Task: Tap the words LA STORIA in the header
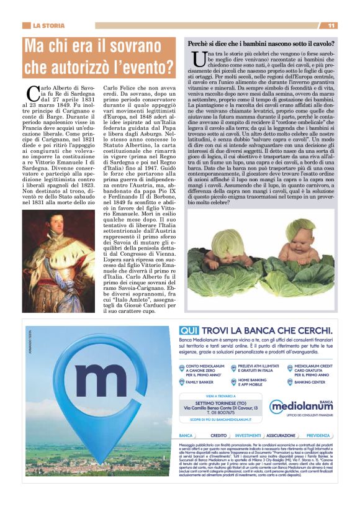(48, 25)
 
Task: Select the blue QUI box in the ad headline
(189, 331)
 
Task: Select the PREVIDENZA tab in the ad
(318, 436)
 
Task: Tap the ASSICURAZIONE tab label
(281, 436)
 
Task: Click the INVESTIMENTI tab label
(248, 436)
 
